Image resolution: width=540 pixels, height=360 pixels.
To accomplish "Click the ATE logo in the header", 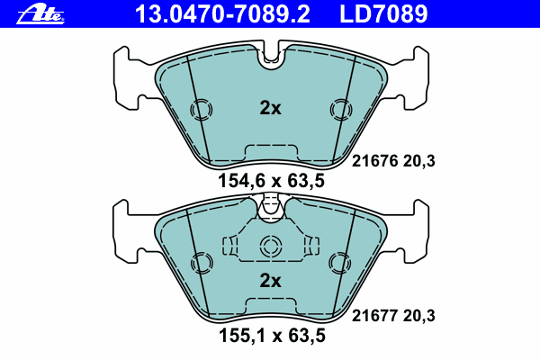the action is [40, 14].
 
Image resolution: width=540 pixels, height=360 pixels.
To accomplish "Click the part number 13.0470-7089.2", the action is [222, 14].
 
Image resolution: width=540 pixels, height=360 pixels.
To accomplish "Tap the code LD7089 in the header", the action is [383, 14].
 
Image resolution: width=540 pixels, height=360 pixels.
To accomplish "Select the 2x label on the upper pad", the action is [270, 108].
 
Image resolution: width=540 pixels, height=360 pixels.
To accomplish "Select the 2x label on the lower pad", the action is [270, 281].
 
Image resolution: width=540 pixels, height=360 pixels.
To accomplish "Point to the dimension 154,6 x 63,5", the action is [272, 181].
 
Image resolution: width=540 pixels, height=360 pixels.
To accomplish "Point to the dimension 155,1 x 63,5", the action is [272, 336].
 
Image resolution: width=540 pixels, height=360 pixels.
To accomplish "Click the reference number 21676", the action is [374, 161].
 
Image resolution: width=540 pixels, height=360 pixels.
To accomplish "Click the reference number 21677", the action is [374, 316].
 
